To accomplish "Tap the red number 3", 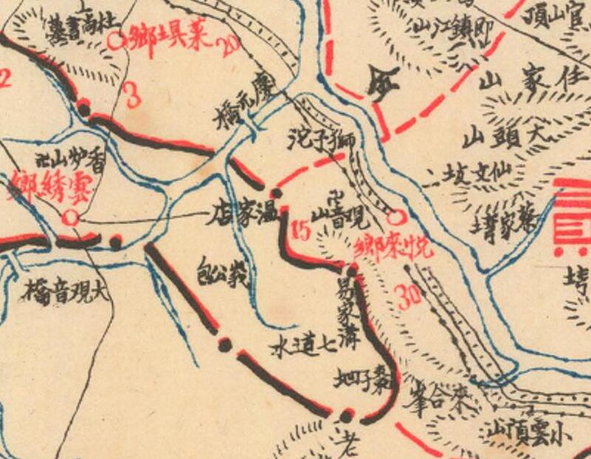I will click(133, 96).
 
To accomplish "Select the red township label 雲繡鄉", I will click(48, 191).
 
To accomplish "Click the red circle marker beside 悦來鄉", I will click(396, 217).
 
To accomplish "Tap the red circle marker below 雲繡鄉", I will click(70, 217).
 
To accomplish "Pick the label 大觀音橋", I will click(65, 290).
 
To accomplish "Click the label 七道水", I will click(299, 345).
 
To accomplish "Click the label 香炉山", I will click(70, 157).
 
